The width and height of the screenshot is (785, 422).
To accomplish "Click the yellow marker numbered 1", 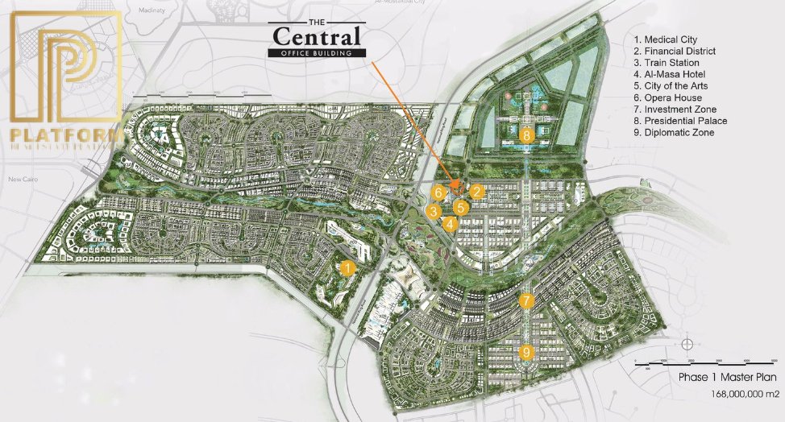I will [347, 268].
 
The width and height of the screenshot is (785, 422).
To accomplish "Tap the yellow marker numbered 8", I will [527, 136].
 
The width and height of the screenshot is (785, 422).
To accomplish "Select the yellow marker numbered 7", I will [526, 301].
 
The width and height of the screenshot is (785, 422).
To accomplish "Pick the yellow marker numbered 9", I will [526, 352].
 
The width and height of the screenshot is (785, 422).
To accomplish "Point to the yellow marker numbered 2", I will [477, 192].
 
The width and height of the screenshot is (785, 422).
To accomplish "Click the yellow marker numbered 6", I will [438, 192].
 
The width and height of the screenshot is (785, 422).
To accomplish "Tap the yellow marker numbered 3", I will [434, 212].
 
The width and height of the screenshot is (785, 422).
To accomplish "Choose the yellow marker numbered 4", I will [450, 224].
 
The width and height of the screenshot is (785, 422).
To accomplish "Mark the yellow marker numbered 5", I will [458, 208].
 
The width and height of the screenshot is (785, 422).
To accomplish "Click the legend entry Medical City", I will [666, 39].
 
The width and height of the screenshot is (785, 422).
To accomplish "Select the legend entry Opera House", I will [666, 97].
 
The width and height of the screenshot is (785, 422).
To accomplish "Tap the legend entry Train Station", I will [667, 63].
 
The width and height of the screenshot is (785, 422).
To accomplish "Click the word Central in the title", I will [317, 37].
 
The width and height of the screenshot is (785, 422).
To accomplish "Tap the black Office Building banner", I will [317, 53].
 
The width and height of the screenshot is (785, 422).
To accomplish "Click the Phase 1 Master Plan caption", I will [726, 376].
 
